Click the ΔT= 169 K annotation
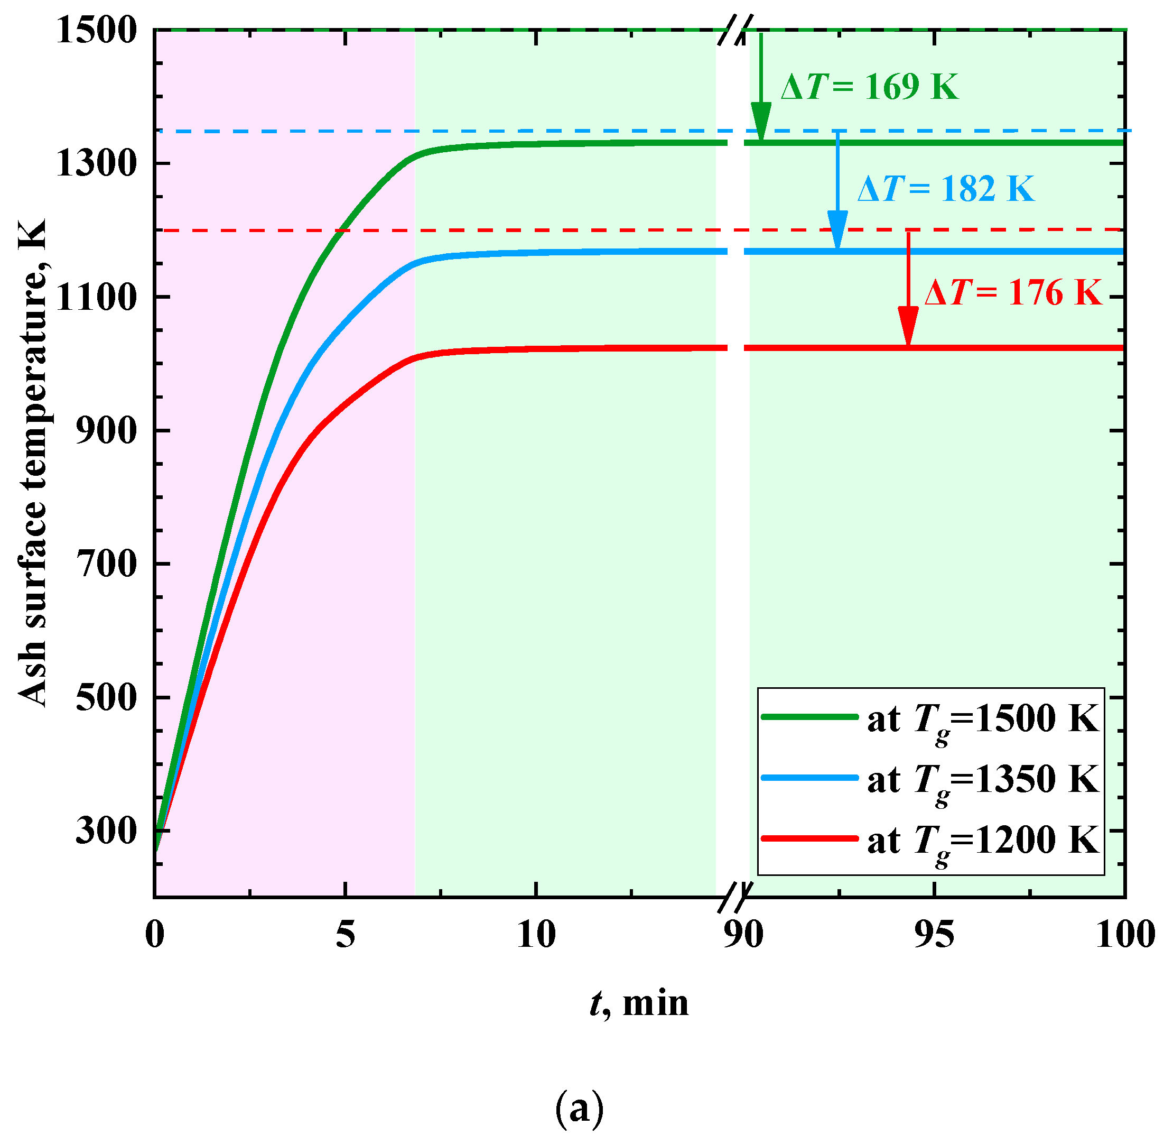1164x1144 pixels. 869,87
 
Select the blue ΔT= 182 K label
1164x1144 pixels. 946,189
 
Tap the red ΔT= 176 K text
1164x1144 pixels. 1013,293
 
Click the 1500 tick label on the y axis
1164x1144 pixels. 97,30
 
